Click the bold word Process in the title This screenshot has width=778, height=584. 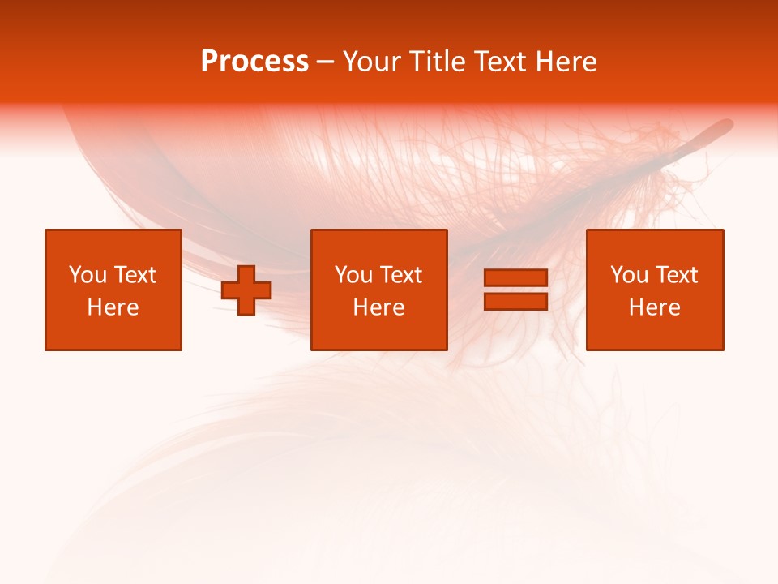(254, 62)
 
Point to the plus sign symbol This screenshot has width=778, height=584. (246, 290)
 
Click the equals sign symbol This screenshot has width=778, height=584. (515, 290)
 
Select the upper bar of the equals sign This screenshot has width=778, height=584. (515, 278)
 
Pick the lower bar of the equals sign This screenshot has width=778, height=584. (515, 301)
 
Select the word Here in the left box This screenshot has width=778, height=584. (113, 307)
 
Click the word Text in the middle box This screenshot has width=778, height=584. (400, 275)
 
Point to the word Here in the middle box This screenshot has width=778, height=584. (379, 307)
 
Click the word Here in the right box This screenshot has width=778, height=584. (655, 307)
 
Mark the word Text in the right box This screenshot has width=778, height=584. (676, 275)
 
